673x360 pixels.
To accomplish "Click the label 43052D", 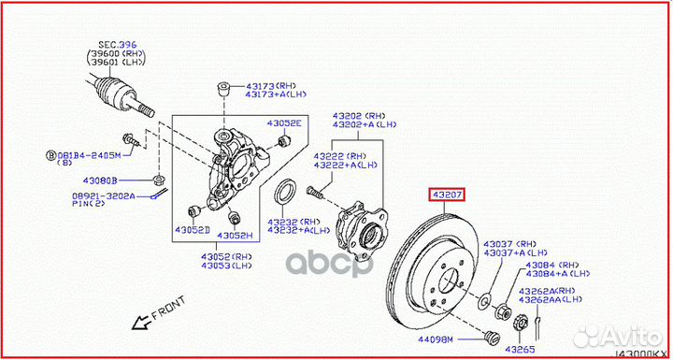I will (x=191, y=229).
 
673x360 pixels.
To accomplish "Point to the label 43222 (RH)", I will (x=340, y=155).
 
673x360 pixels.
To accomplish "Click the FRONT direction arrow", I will (x=143, y=324).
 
